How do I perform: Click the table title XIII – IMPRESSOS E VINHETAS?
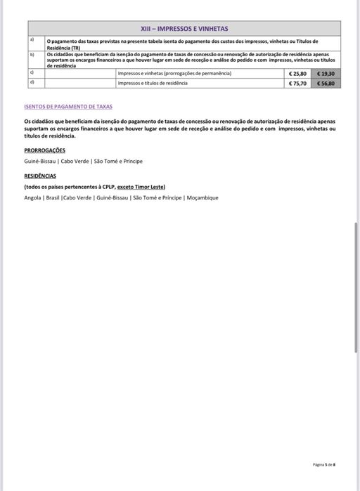pyautogui.click(x=184, y=29)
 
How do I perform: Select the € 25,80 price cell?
pyautogui.click(x=298, y=73)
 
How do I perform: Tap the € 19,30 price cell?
pyautogui.click(x=326, y=73)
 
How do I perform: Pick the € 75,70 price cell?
pyautogui.click(x=298, y=83)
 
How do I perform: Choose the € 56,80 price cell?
pyautogui.click(x=326, y=83)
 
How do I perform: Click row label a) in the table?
pyautogui.click(x=31, y=41)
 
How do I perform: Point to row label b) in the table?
pyautogui.click(x=31, y=53)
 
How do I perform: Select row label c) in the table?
pyautogui.click(x=31, y=72)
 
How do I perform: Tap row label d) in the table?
pyautogui.click(x=31, y=82)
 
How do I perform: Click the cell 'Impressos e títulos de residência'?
pyautogui.click(x=153, y=83)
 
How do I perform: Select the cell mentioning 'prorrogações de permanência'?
pyautogui.click(x=174, y=73)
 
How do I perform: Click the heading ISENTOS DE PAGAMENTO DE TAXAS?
pyautogui.click(x=68, y=107)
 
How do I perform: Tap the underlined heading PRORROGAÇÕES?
pyautogui.click(x=44, y=150)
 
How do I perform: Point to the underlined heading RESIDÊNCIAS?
pyautogui.click(x=40, y=176)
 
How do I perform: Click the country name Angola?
pyautogui.click(x=32, y=197)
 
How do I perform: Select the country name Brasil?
pyautogui.click(x=53, y=197)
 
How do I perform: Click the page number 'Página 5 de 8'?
pyautogui.click(x=323, y=464)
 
